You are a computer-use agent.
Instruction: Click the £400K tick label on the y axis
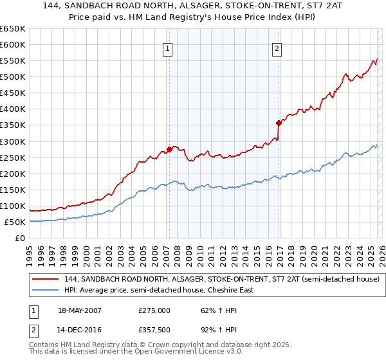[x=12, y=109]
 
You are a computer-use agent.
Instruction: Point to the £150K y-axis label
[x=12, y=190]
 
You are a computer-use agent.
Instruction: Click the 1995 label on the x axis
[x=30, y=253]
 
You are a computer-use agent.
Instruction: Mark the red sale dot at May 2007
[x=169, y=149]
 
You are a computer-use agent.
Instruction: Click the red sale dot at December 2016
[x=279, y=122]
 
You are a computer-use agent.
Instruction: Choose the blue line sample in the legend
[x=46, y=290]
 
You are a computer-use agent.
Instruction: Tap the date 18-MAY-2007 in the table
[x=84, y=310]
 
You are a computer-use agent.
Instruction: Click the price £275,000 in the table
[x=154, y=310]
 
